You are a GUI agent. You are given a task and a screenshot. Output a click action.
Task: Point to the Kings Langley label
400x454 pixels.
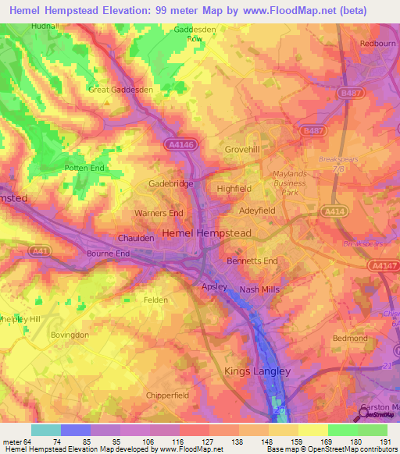coord(257,371)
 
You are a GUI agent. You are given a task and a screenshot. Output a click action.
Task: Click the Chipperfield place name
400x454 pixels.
coord(166,395)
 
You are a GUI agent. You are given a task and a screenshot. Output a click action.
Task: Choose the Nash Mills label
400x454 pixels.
coord(259,289)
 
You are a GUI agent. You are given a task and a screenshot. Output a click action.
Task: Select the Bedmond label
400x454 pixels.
coord(350,339)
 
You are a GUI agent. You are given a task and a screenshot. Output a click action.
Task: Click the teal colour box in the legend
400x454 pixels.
coord(46,430)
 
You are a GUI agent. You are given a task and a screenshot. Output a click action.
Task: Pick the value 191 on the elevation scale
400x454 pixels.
coord(386,443)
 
